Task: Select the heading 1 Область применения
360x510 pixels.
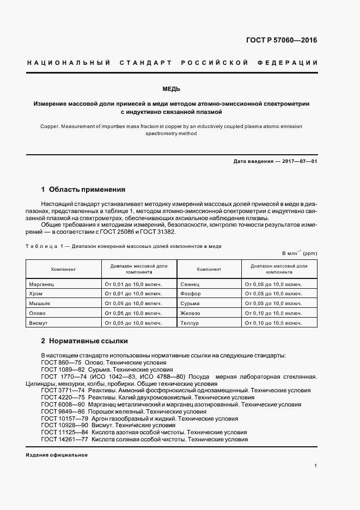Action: (x=83, y=190)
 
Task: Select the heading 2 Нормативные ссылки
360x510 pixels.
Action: (x=84, y=341)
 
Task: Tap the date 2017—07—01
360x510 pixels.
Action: (x=298, y=161)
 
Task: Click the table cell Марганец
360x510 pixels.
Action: (x=42, y=284)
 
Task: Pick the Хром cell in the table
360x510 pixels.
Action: (x=36, y=293)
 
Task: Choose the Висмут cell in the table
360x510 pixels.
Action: (x=38, y=323)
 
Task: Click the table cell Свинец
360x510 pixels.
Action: (x=190, y=284)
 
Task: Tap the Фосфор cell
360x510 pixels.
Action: (x=191, y=293)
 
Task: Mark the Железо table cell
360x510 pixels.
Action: (x=190, y=313)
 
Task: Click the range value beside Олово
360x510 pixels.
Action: (x=133, y=313)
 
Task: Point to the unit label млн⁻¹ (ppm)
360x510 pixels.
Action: (x=299, y=253)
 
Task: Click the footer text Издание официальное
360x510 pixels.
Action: (x=57, y=454)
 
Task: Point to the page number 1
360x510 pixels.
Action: (x=316, y=466)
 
